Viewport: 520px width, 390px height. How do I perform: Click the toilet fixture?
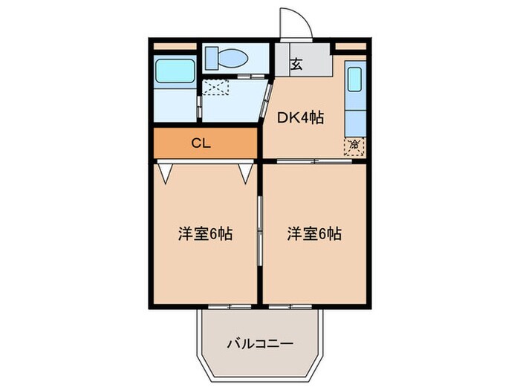point(230,57)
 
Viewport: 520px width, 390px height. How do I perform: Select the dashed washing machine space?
point(217,88)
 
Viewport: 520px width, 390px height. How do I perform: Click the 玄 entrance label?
point(296,64)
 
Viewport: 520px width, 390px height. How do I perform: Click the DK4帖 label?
point(300,117)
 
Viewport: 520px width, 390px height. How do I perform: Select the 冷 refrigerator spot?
point(354,144)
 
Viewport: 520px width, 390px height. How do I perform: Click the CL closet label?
point(201,143)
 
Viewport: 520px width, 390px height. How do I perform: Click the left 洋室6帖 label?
point(205,234)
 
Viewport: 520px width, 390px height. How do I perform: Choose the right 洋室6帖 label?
point(314,234)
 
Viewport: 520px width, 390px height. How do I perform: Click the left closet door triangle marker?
point(166,172)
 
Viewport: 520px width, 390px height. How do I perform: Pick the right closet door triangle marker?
point(246,172)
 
